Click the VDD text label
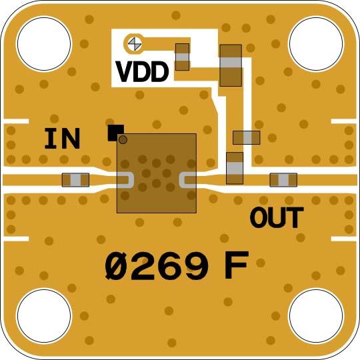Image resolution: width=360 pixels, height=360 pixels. point(142,71)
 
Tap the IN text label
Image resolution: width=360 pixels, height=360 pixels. point(62,139)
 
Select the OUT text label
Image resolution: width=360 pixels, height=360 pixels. point(277,217)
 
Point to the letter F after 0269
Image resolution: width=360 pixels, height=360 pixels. point(235,267)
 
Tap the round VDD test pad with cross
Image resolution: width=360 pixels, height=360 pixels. point(134,44)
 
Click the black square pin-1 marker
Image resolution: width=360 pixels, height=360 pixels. point(115,132)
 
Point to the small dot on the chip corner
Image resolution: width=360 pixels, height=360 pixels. point(123,140)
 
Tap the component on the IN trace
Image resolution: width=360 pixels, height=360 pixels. point(75,180)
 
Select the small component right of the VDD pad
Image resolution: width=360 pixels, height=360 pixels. point(182,57)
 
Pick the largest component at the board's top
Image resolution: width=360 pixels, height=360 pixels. point(230,65)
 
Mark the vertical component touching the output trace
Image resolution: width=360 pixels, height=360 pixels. point(235,167)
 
